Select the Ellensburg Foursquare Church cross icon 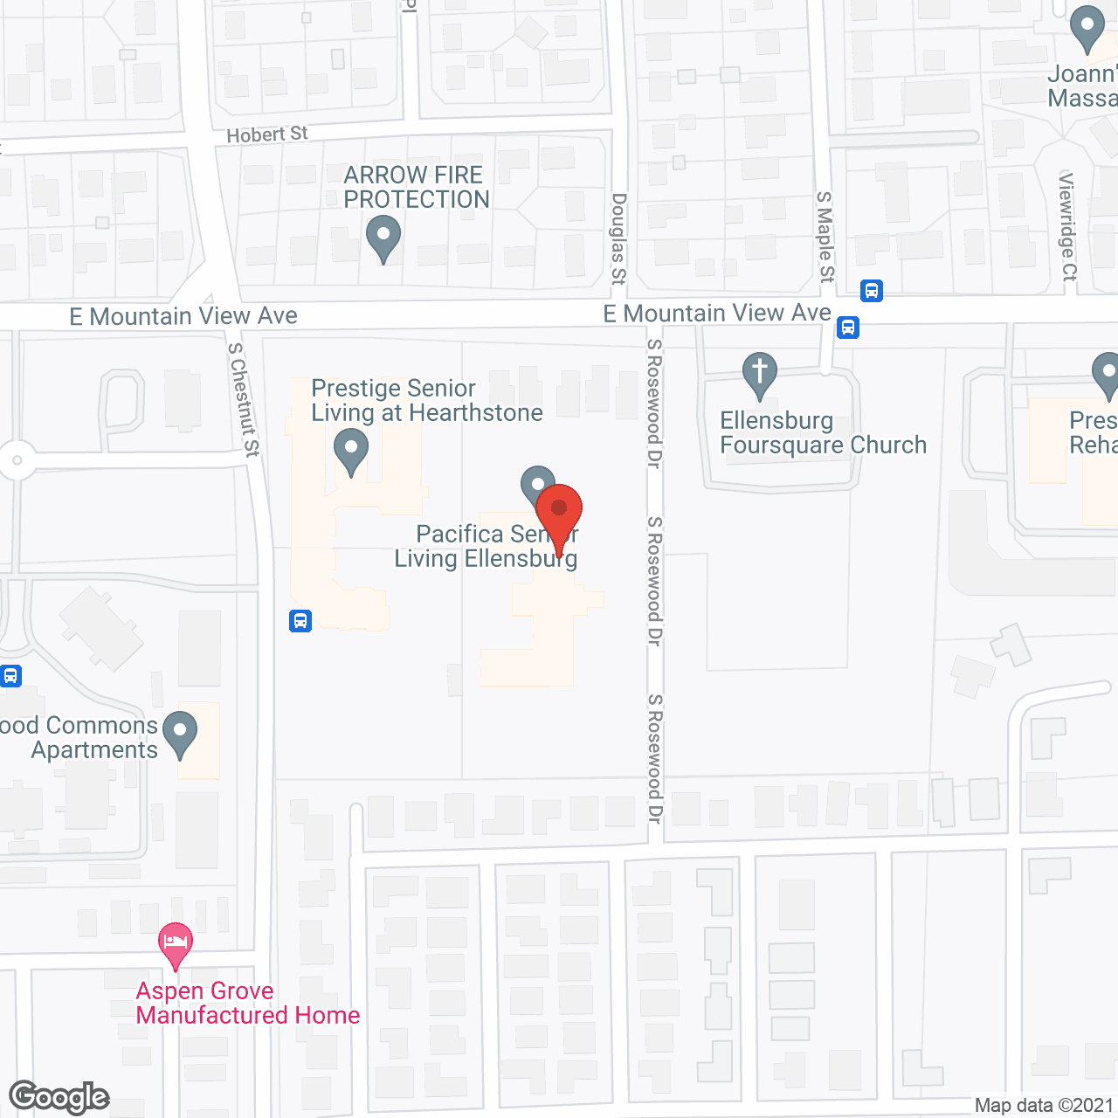coord(760,373)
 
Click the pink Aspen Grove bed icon coord(176,944)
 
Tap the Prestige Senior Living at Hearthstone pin coord(351,452)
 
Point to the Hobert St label coord(266,135)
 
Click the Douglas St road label coord(618,238)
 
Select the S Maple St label coord(825,237)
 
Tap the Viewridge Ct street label coord(1068,226)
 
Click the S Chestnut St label coord(244,399)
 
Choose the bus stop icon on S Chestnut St coord(300,621)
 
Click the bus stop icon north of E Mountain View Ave coord(872,291)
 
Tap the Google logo coord(59,1097)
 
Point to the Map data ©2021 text coord(1044,1105)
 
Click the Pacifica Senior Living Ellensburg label coord(486,546)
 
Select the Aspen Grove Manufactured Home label coord(248,1003)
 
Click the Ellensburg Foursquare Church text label coord(823,432)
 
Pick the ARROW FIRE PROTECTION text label coord(416,187)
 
